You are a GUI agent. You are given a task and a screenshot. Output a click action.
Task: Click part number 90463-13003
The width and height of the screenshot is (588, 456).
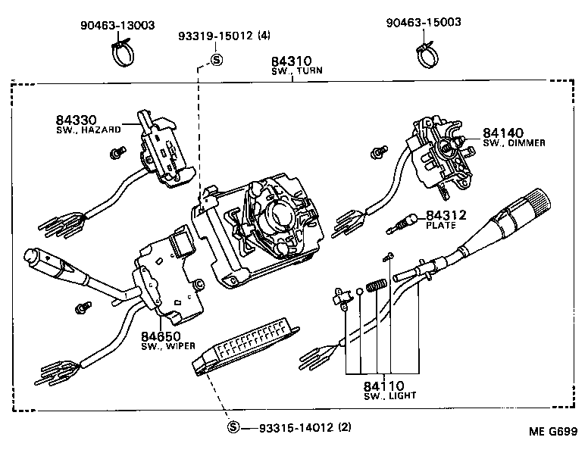pos(117,25)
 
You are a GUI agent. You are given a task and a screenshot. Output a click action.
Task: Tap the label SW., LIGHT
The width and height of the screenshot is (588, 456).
pos(389,395)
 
